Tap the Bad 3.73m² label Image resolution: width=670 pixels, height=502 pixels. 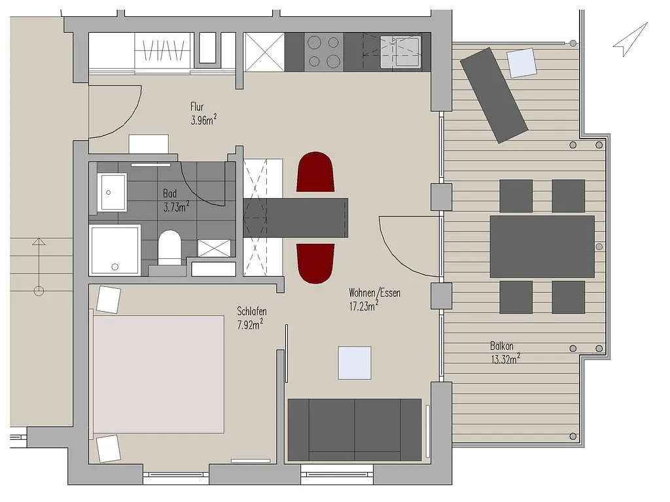click(176, 201)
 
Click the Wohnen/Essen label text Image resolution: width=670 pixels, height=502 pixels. click(375, 293)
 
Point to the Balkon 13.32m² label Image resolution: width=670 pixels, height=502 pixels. click(505, 352)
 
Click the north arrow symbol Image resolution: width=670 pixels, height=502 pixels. click(631, 39)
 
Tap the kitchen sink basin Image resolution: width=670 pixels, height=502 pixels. click(401, 52)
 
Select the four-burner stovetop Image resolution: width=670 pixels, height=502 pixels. click(324, 52)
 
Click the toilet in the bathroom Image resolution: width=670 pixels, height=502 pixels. click(169, 248)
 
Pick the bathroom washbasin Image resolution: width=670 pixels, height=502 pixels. click(112, 192)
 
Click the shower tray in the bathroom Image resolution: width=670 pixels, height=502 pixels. click(115, 250)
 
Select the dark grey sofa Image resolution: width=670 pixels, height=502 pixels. click(355, 430)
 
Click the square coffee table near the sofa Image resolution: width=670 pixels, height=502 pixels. click(355, 363)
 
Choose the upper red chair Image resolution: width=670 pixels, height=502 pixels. click(315, 172)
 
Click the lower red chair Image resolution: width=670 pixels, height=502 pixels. click(315, 263)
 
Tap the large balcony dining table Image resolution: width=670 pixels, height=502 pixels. click(542, 246)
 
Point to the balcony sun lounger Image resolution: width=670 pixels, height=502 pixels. click(494, 95)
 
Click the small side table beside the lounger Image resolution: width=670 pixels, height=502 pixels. click(521, 63)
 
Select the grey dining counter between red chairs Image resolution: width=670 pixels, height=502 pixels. click(296, 218)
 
